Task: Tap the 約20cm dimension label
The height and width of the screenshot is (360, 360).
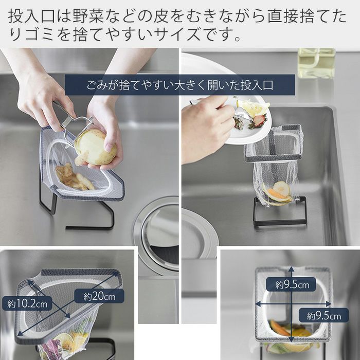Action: coord(99,296)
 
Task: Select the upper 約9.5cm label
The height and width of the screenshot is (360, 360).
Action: coord(291,284)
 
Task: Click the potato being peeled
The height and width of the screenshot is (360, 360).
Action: coord(96,148)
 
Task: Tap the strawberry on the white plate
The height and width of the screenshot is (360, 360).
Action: coord(259,121)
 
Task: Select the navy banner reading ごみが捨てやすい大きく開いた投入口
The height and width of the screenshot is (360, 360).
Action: coord(180,85)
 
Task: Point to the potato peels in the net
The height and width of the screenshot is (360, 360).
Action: coord(74,177)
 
